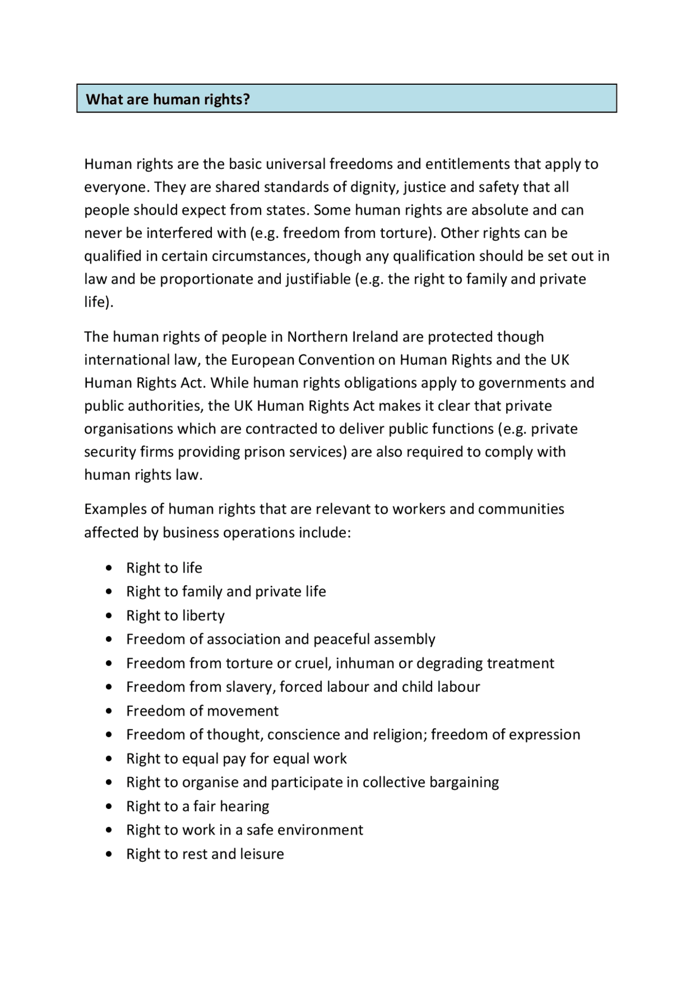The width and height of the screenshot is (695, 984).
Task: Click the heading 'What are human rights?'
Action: [x=168, y=99]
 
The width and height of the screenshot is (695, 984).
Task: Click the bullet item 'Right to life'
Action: [x=164, y=568]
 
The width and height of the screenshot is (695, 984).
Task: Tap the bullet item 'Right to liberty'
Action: [x=175, y=616]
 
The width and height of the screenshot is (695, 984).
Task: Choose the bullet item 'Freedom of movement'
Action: [x=202, y=711]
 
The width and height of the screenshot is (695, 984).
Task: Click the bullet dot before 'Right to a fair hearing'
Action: [x=110, y=807]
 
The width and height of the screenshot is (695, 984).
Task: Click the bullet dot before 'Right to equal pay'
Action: [x=110, y=759]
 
